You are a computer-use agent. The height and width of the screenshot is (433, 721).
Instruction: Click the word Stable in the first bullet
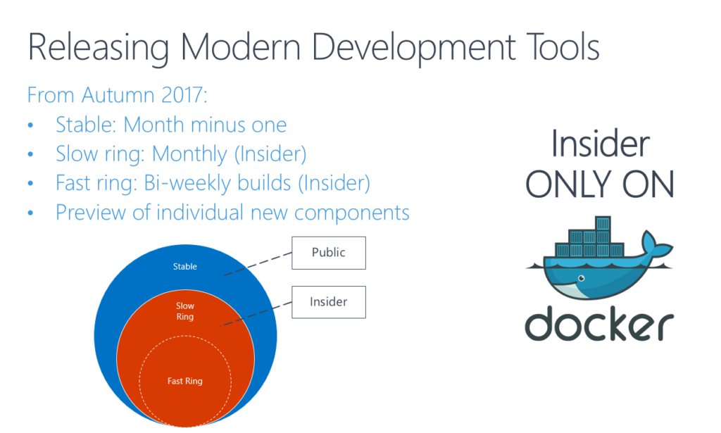click(x=86, y=125)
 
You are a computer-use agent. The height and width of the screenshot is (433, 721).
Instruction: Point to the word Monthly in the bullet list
click(x=189, y=155)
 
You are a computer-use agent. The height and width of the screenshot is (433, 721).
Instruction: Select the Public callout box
click(x=329, y=253)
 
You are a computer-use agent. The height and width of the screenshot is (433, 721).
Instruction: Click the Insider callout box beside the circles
click(x=329, y=302)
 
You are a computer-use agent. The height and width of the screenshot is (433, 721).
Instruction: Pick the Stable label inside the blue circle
click(x=185, y=267)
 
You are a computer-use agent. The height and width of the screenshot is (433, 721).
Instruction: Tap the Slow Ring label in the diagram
click(x=185, y=311)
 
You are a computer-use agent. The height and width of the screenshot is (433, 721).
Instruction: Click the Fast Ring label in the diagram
click(x=185, y=381)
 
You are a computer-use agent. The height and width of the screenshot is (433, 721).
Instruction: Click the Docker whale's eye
click(x=582, y=278)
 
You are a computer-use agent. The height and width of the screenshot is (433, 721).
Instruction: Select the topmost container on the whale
click(x=603, y=223)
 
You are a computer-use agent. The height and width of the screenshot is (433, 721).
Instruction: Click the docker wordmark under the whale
click(x=599, y=325)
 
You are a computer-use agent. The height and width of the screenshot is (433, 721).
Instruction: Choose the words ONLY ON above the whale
click(x=600, y=184)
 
